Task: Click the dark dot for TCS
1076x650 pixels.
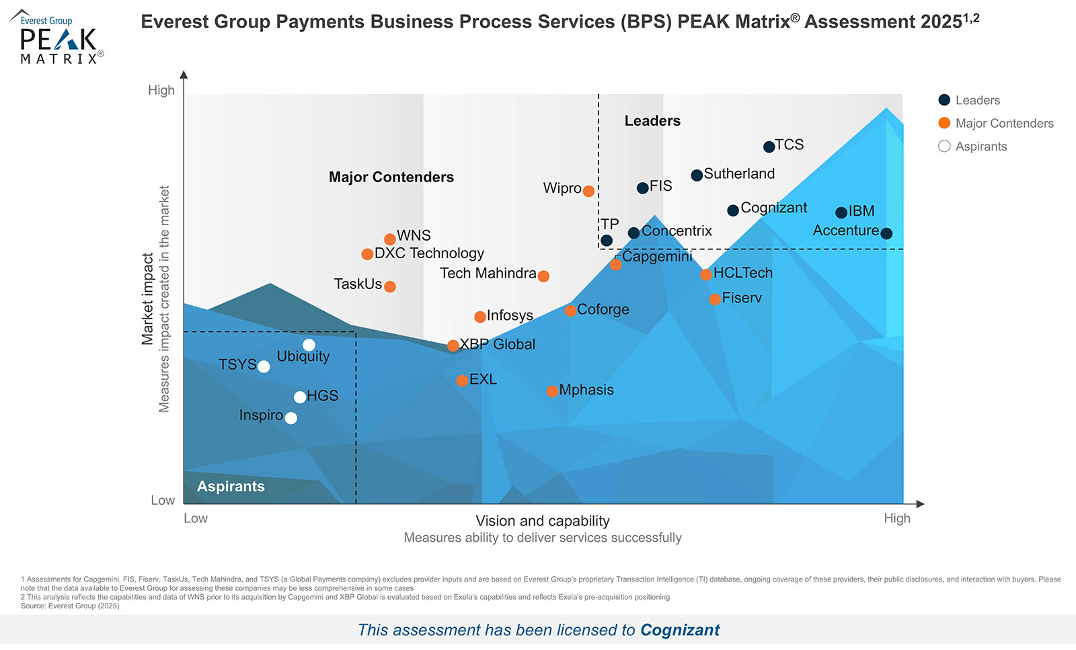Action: (769, 147)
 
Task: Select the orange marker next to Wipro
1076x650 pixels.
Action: (588, 191)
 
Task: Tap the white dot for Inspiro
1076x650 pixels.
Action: (291, 418)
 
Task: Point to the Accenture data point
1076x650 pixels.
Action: (886, 233)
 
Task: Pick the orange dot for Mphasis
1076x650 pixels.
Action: (552, 391)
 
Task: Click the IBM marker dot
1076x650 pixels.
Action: (841, 212)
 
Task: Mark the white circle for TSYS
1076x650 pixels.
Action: (264, 366)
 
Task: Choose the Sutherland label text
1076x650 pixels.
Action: (739, 173)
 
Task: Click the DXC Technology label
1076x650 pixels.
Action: (429, 253)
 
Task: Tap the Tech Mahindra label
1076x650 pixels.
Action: (488, 274)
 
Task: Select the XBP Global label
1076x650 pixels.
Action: (498, 344)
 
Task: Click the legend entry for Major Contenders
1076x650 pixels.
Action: (1004, 123)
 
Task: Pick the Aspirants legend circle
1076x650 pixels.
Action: (944, 146)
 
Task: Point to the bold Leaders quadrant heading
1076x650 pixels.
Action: (652, 121)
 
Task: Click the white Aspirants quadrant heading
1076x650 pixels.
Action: (231, 487)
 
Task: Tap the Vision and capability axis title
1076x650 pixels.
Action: (543, 521)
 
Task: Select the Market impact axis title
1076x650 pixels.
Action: (147, 299)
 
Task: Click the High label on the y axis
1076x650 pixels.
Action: (161, 90)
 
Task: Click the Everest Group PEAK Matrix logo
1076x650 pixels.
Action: (58, 38)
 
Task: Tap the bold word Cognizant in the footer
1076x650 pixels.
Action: (680, 630)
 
